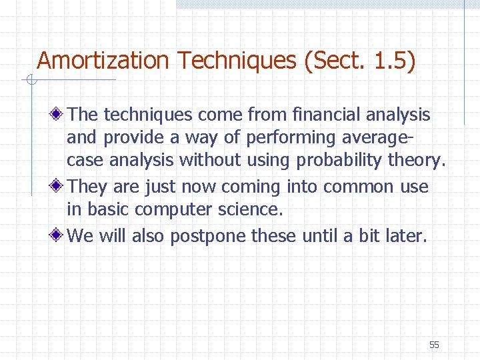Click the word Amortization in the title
click(x=103, y=61)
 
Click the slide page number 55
click(x=434, y=345)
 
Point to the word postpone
click(x=203, y=235)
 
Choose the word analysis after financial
click(x=398, y=115)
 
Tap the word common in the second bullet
click(x=359, y=187)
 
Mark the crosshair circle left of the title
click(x=30, y=81)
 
